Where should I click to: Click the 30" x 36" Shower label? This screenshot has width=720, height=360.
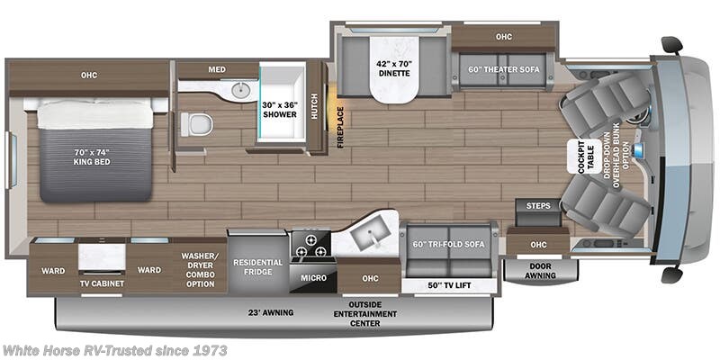click(281, 110)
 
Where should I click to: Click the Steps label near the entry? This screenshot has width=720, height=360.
click(538, 206)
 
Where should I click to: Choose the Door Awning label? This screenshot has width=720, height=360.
click(539, 271)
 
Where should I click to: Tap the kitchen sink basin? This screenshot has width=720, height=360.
click(368, 236)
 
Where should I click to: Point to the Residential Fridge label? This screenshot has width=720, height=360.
click(258, 267)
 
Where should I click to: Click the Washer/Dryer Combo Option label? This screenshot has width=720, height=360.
click(198, 269)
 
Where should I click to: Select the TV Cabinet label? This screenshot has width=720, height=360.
click(101, 283)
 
